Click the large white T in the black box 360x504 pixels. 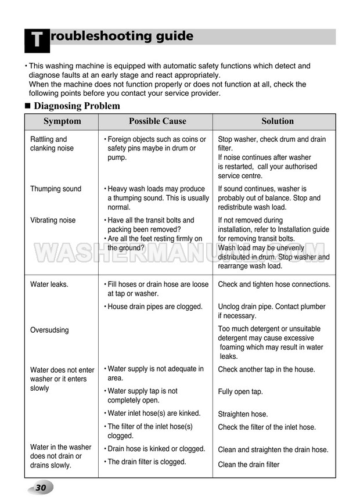click(x=36, y=40)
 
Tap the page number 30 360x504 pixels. click(x=41, y=488)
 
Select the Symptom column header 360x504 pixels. click(x=62, y=121)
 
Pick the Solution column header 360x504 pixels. click(x=278, y=121)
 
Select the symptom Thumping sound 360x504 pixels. click(x=56, y=189)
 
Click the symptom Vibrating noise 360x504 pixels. click(x=53, y=221)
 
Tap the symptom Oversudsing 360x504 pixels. click(x=49, y=330)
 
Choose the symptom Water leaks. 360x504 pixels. click(x=49, y=285)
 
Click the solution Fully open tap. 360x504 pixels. click(x=240, y=392)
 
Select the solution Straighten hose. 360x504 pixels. click(x=243, y=415)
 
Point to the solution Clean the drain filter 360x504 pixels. click(x=249, y=465)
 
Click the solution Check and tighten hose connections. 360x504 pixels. click(x=274, y=285)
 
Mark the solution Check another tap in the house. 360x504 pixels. click(x=267, y=369)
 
